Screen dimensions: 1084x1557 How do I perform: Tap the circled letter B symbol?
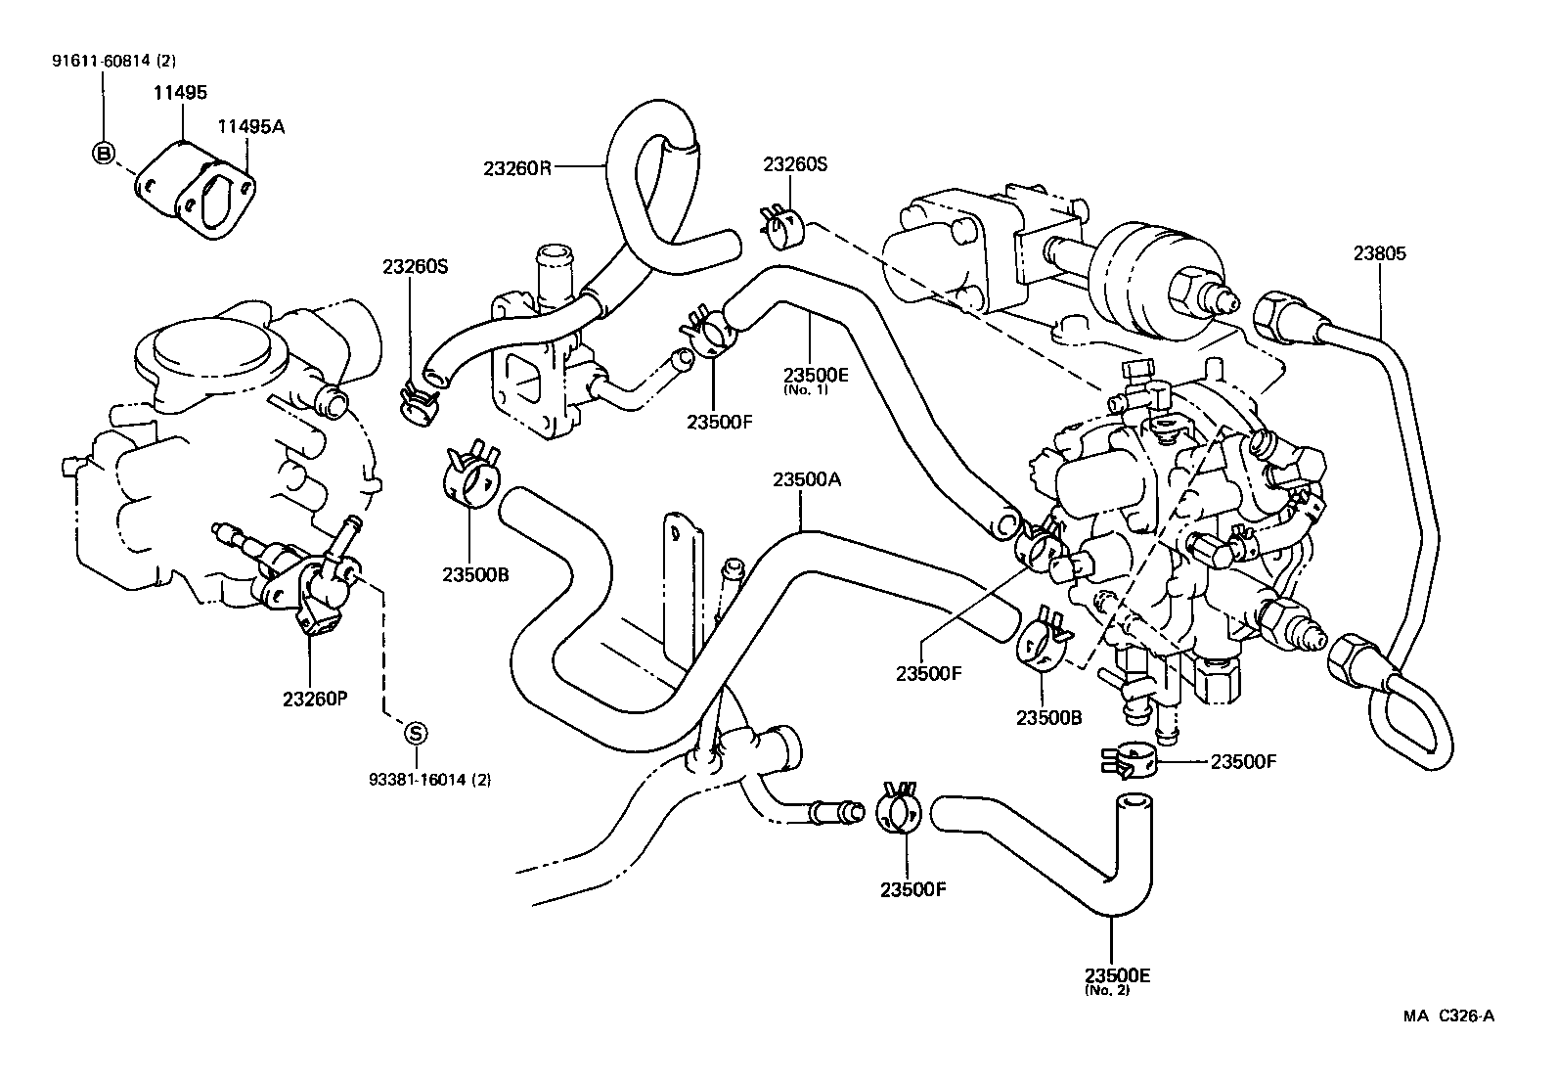103,153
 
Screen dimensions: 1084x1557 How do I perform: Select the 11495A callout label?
250,126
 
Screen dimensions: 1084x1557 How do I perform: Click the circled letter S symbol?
415,732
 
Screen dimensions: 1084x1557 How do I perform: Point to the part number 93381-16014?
429,780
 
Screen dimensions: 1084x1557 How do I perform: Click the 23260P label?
316,700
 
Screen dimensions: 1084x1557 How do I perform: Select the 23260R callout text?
517,167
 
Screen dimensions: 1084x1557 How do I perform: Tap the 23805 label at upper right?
1379,254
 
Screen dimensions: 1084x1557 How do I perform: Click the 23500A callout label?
806,479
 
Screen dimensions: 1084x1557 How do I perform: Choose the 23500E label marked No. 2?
1117,975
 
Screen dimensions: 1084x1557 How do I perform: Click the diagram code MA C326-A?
1448,1016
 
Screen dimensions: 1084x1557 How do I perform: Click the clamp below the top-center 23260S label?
781,228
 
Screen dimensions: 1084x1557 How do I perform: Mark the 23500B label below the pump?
1048,717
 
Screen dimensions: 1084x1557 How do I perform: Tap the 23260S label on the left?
415,266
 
